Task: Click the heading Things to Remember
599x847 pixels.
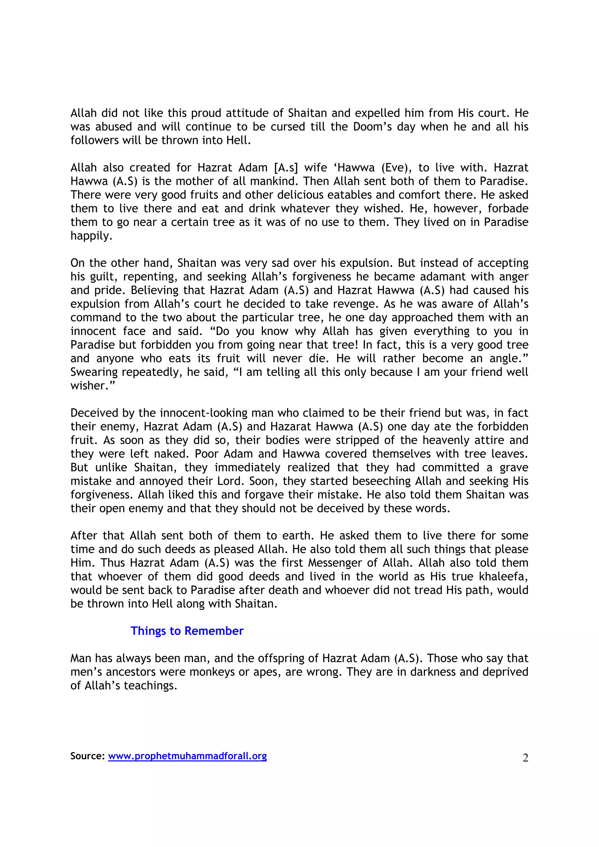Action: [x=187, y=631]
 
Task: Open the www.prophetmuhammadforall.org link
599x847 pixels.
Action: [x=187, y=756]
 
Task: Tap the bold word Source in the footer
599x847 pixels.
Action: [x=87, y=756]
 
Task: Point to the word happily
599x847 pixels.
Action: [x=91, y=236]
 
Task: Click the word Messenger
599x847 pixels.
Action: [x=338, y=563]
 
